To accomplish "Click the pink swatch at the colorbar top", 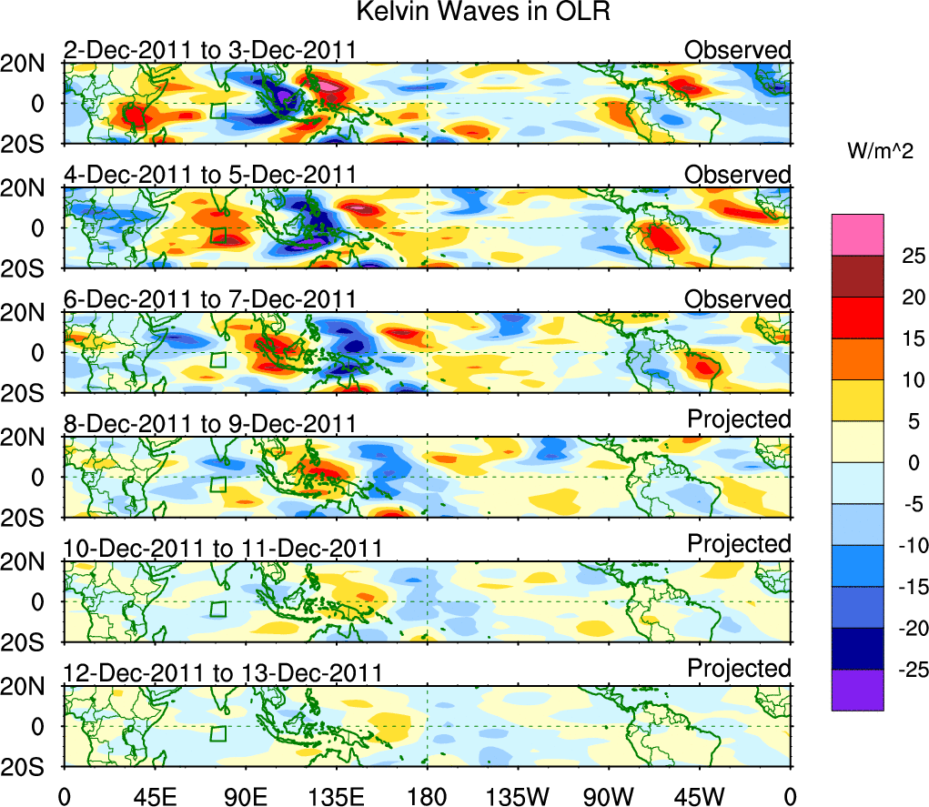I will [x=856, y=235].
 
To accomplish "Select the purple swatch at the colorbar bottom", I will [x=856, y=690].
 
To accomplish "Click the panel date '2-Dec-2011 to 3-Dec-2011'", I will [x=209, y=50].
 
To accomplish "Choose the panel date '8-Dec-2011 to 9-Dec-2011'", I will [x=209, y=423].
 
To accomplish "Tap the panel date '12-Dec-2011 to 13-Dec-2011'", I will [x=222, y=673].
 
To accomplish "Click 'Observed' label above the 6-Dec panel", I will [x=738, y=298].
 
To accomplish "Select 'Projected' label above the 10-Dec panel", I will [x=739, y=544].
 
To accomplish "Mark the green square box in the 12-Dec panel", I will [x=218, y=733].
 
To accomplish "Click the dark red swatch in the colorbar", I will [x=856, y=277].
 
